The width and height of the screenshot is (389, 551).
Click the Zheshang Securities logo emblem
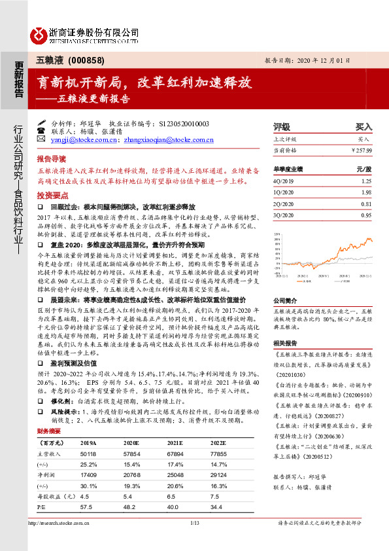coord(38,33)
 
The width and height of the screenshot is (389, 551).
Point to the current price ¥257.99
coord(362,150)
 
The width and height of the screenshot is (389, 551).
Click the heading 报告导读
coord(52,159)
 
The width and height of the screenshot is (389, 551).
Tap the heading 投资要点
coord(52,196)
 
